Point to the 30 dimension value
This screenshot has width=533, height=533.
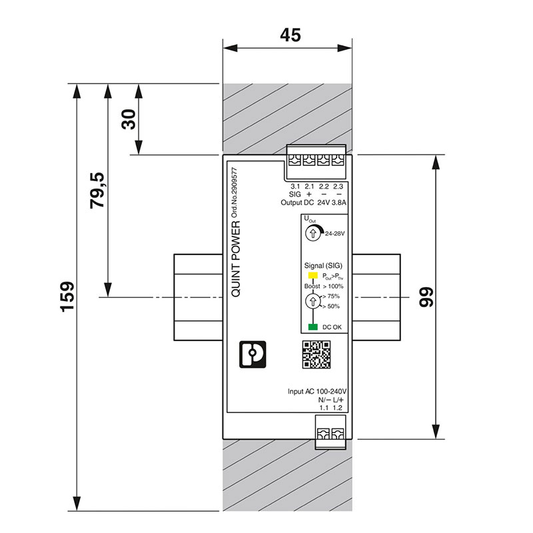tap(128, 119)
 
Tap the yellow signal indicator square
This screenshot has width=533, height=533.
tap(312, 275)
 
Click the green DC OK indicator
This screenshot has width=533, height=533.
tap(312, 326)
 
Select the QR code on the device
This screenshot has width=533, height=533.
tap(317, 354)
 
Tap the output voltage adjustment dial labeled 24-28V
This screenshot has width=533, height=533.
tap(312, 233)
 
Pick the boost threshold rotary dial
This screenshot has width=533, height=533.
tap(312, 301)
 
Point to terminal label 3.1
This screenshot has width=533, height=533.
tap(296, 186)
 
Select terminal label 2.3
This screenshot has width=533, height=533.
tap(338, 186)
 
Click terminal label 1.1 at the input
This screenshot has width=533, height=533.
tap(324, 407)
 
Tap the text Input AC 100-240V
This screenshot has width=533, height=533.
tap(318, 391)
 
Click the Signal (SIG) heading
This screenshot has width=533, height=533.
tap(323, 265)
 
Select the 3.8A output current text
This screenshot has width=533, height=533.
tap(338, 202)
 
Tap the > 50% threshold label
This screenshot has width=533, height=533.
tap(330, 306)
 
